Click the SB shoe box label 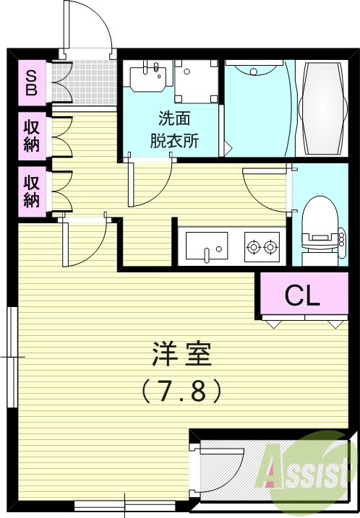(x=33, y=82)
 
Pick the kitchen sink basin (x=207, y=246)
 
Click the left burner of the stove (x=254, y=248)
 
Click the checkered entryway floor (x=93, y=82)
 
